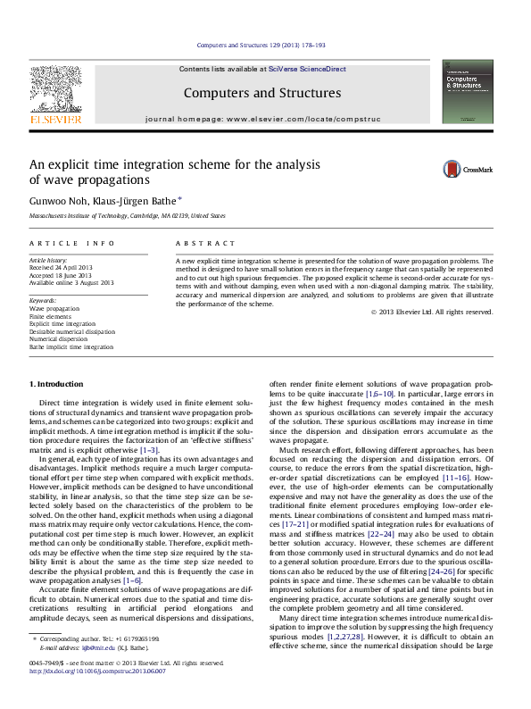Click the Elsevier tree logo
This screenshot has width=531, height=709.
55,89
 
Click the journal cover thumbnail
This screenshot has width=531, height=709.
468,91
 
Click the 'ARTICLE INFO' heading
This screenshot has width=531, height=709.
72,243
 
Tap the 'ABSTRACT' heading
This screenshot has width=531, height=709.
206,243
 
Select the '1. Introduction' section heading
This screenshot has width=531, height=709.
57,384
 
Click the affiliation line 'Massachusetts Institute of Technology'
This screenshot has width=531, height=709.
128,216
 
